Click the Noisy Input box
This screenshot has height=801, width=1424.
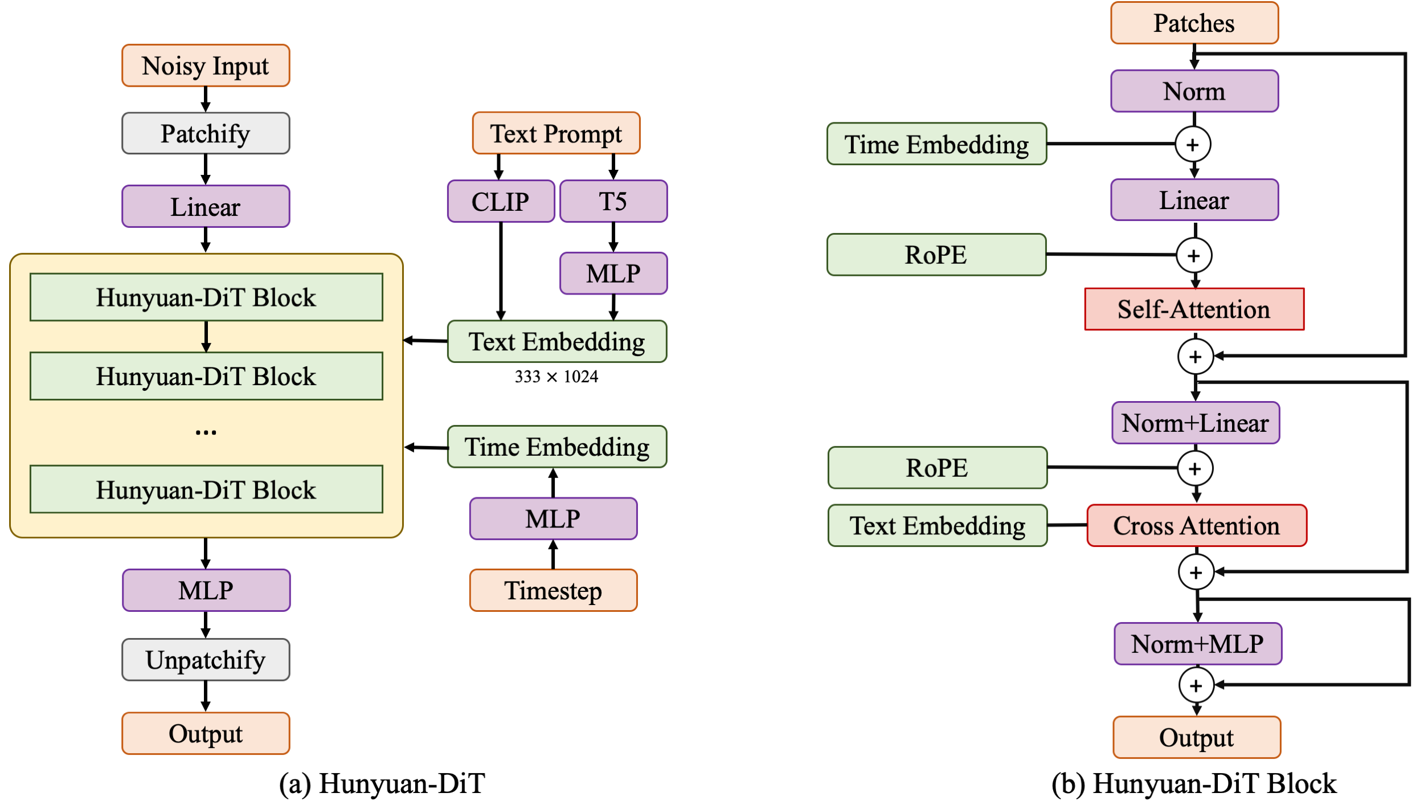click(206, 66)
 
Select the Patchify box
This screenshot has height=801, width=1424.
click(206, 133)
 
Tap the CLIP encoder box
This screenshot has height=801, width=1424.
click(501, 201)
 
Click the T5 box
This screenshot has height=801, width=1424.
click(613, 201)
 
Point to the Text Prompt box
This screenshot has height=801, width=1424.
click(556, 133)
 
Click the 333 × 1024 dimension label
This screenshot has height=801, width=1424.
click(556, 377)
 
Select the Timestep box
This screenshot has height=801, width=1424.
click(553, 590)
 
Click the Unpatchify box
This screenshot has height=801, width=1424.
click(206, 660)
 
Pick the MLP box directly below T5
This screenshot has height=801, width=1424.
click(613, 273)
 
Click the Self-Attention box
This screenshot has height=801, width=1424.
click(1194, 309)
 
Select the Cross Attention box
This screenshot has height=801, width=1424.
click(1196, 525)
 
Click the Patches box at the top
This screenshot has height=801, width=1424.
click(1194, 23)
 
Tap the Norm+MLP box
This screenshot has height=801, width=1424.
click(1198, 644)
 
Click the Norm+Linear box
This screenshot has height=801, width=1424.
click(1196, 423)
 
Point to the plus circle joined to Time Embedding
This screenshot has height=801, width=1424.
click(1193, 145)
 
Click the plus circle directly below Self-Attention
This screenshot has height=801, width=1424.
click(1195, 357)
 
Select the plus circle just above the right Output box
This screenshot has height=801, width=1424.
click(1196, 685)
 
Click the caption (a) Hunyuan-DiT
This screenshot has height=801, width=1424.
click(382, 783)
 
